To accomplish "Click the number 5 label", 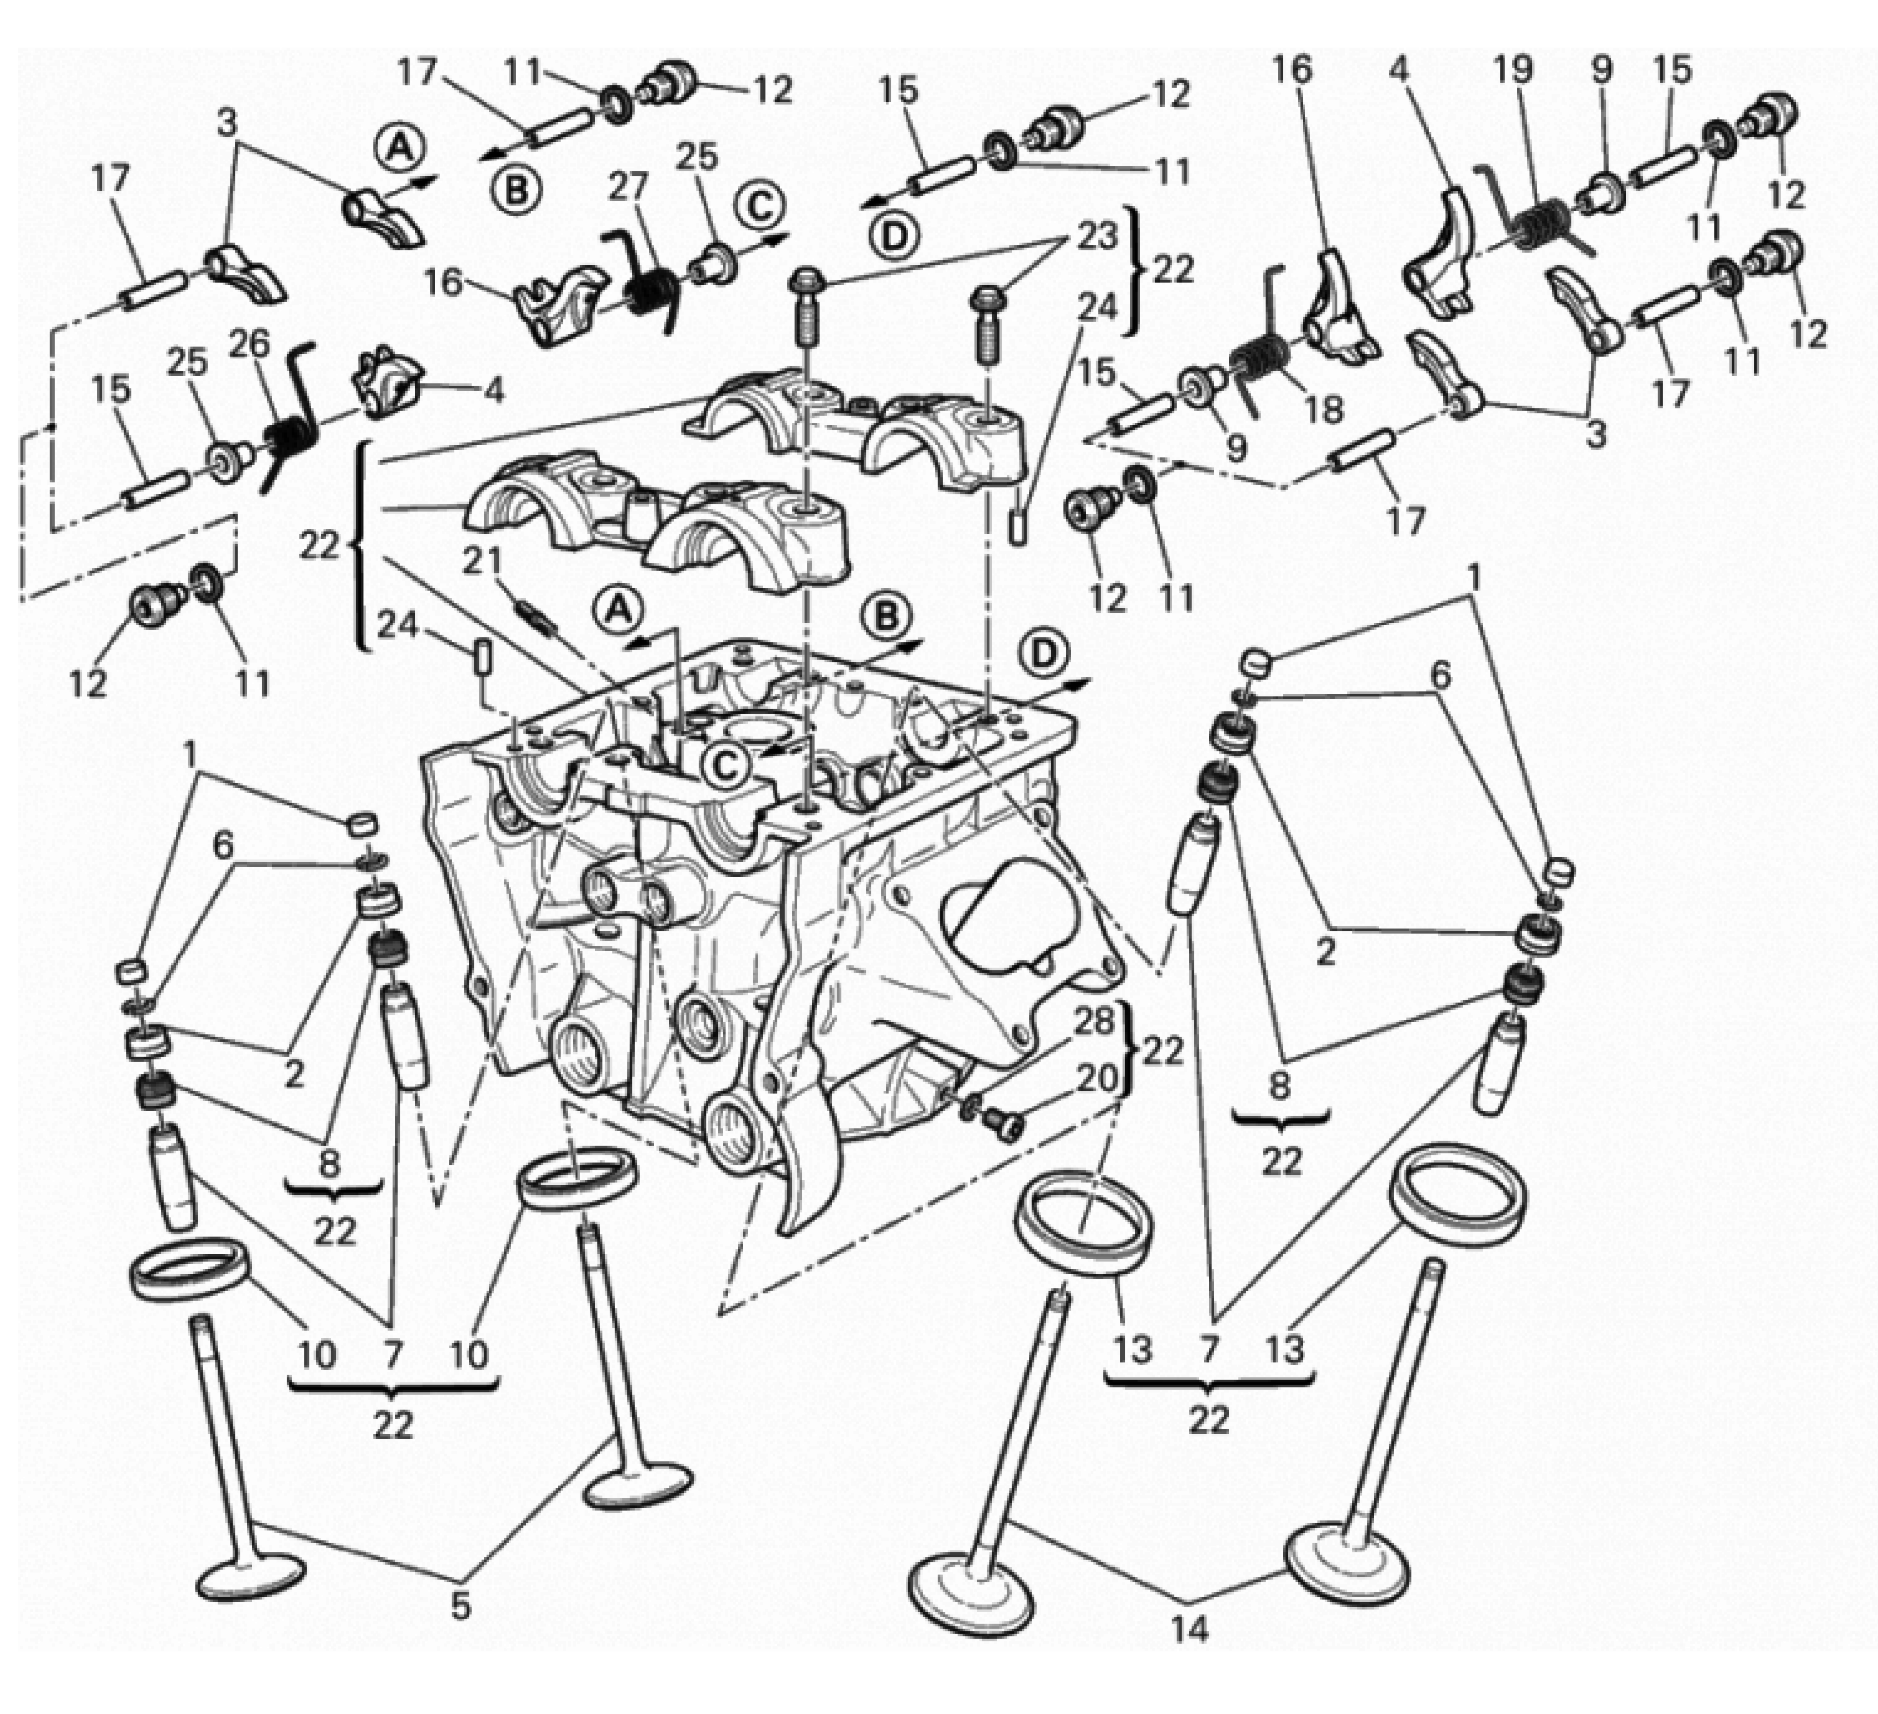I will (x=460, y=1606).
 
